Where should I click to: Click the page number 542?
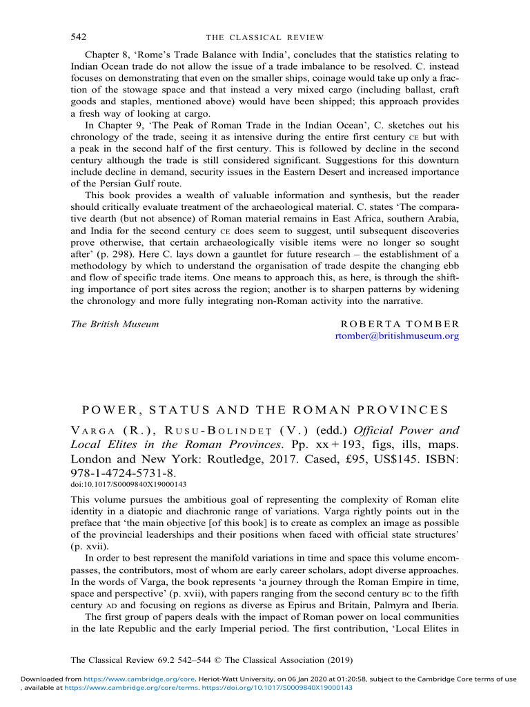click(x=79, y=37)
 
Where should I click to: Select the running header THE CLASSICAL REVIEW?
click(x=265, y=37)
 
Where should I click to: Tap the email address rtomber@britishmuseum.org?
click(x=396, y=336)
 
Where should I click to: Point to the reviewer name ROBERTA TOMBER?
click(x=400, y=324)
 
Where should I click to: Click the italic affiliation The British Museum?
click(x=115, y=324)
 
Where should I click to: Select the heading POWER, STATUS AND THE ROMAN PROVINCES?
click(x=265, y=409)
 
